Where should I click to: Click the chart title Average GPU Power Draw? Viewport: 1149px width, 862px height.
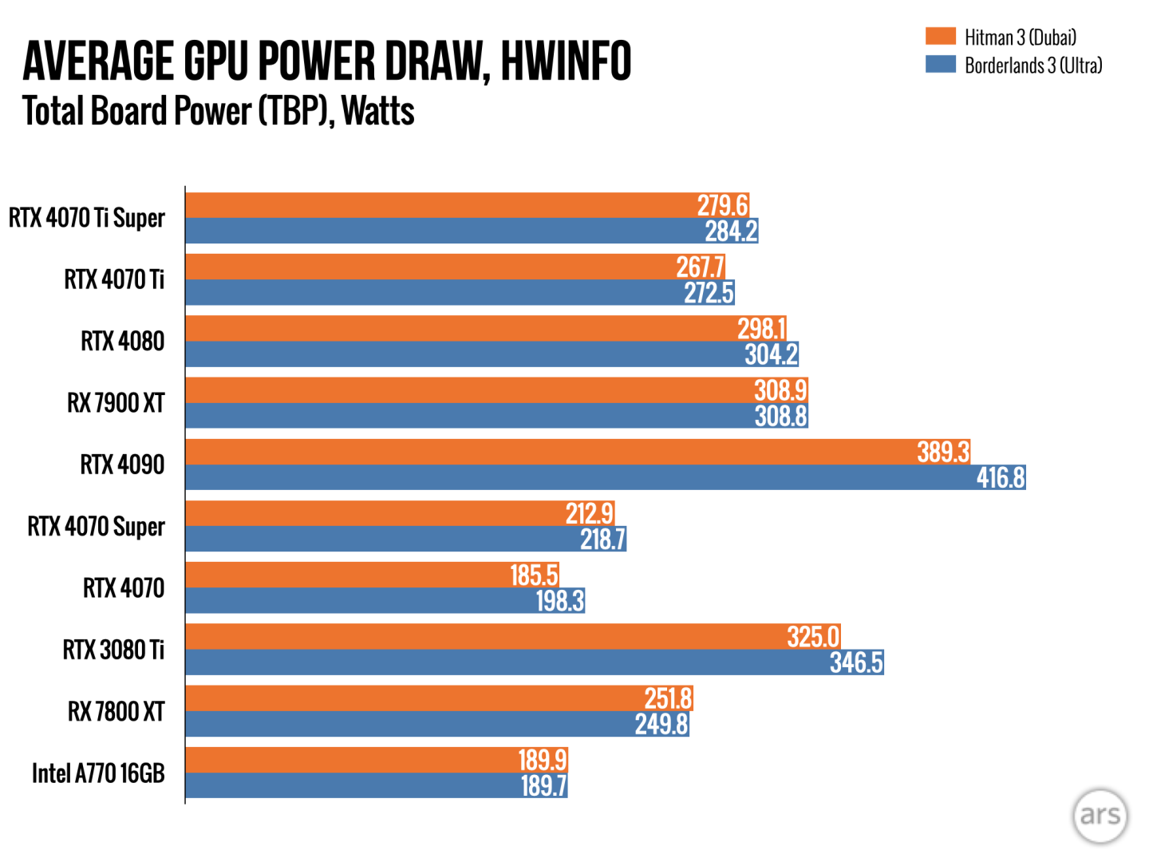327,61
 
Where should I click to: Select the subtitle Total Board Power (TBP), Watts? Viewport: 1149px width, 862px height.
218,111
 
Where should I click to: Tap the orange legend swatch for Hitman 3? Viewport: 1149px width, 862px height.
940,36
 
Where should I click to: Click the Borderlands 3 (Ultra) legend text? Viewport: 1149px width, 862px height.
1033,65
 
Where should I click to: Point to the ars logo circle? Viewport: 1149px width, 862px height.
1100,815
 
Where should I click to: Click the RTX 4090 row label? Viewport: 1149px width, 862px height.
122,465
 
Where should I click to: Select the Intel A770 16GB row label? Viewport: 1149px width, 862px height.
98,773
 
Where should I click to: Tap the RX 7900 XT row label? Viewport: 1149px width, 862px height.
116,403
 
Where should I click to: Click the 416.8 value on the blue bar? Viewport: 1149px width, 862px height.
1001,477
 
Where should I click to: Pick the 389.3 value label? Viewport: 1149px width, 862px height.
943,452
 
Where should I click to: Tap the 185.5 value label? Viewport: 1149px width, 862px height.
534,575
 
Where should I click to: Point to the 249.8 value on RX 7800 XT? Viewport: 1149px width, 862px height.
661,724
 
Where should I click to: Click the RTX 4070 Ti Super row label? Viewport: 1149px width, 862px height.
87,218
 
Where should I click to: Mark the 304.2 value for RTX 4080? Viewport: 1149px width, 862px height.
771,354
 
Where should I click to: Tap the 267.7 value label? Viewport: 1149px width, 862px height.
700,267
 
